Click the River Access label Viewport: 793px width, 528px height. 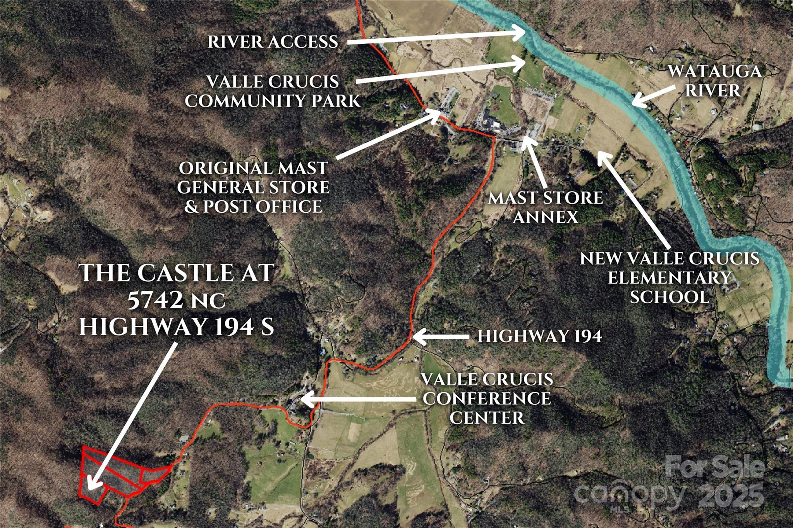tap(273, 42)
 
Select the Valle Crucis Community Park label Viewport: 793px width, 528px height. tap(273, 91)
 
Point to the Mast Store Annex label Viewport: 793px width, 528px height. tap(546, 207)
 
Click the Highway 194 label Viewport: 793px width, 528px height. tap(539, 336)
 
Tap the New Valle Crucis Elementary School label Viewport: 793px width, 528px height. tap(669, 278)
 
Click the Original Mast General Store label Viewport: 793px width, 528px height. tap(253, 187)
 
